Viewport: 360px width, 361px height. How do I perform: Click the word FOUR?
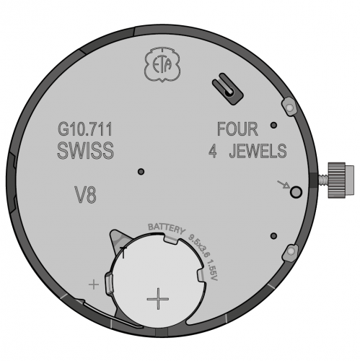click(x=237, y=130)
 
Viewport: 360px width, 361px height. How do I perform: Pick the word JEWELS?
click(x=258, y=152)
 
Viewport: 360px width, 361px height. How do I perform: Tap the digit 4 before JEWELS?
click(x=213, y=152)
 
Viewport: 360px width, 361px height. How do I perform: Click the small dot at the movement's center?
click(x=141, y=171)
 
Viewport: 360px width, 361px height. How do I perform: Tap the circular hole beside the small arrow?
click(x=295, y=191)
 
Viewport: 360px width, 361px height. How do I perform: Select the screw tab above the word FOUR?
click(x=289, y=107)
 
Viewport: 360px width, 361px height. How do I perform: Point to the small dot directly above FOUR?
click(x=273, y=125)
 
